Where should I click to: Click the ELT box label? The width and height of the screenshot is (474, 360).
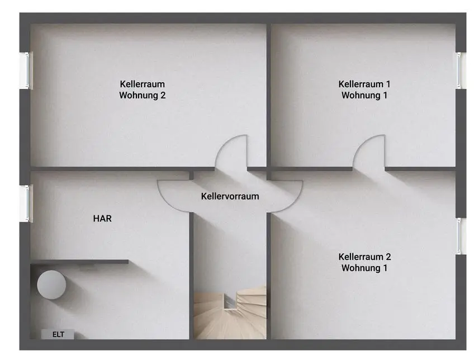[58, 334]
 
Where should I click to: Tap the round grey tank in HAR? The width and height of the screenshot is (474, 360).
[51, 285]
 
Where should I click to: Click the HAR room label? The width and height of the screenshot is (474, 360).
[102, 218]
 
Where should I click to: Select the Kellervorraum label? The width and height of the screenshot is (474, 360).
[230, 196]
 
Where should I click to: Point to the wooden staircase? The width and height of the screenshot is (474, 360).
[230, 313]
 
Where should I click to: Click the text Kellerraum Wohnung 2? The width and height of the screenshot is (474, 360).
[142, 89]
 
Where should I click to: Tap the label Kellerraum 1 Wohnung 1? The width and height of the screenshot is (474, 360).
[364, 89]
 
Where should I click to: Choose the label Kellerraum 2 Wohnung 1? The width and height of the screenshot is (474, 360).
[364, 262]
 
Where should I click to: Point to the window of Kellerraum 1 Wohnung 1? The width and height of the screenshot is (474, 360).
[460, 70]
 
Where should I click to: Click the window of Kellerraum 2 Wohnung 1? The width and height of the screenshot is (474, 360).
[460, 236]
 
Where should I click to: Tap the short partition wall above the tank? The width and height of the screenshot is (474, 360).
[79, 262]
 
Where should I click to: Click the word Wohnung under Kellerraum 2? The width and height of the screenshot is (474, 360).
[361, 268]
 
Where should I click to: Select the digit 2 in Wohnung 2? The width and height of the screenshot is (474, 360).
[163, 95]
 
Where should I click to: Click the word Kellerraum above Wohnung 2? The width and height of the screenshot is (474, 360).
[142, 84]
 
